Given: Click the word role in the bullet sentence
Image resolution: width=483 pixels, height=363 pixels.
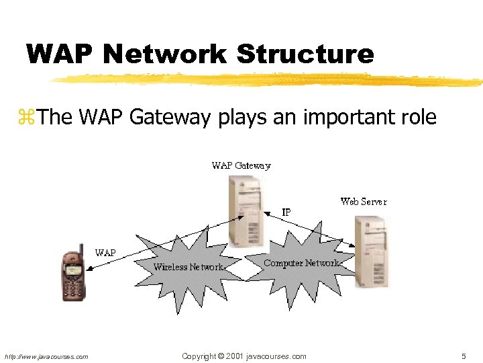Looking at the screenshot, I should coord(419,118).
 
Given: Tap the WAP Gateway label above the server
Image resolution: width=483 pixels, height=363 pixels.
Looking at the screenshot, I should coord(241,165).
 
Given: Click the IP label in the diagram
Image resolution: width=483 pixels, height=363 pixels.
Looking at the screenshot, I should coord(286,212).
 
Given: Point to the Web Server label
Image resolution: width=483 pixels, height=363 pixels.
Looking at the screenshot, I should coord(364,201).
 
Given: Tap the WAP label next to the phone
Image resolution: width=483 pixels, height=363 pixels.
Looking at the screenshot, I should coord(105,253).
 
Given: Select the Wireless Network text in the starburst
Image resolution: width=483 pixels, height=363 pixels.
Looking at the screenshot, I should coord(189,267).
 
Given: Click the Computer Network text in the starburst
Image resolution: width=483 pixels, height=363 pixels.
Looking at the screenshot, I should coord(301,263).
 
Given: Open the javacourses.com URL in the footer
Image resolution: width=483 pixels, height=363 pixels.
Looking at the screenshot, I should coord(46,357).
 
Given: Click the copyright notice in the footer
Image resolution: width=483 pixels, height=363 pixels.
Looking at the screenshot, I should coord(244,356).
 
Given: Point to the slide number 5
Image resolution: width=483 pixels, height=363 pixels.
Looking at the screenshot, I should coord(463,356).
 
